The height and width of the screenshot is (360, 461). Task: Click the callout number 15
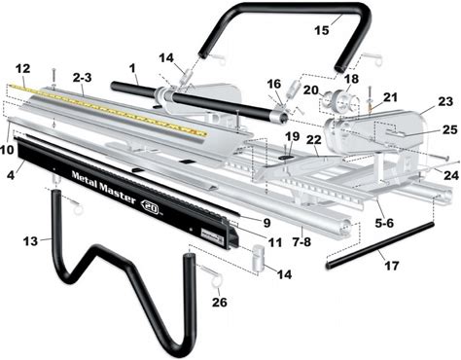322,30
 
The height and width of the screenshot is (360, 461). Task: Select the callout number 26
220,303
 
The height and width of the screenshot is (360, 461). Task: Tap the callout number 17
391,266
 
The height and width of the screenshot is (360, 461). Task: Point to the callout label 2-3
82,78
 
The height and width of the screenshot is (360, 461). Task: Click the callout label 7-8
301,241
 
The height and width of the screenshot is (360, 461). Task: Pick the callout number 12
22,68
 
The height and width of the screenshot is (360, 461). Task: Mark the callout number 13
30,241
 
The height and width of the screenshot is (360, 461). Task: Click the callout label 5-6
383,223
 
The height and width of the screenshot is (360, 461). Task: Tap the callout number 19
293,136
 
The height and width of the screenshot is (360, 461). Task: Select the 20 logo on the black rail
151,207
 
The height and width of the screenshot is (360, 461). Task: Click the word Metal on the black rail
84,178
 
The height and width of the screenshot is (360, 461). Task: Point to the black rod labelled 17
379,245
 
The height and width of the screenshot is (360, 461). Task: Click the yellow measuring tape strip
107,109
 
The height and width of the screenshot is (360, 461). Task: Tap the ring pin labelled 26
211,275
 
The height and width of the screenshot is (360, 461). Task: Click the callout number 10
8,150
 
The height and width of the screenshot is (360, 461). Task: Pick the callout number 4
11,175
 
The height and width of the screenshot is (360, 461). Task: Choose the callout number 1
131,68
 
